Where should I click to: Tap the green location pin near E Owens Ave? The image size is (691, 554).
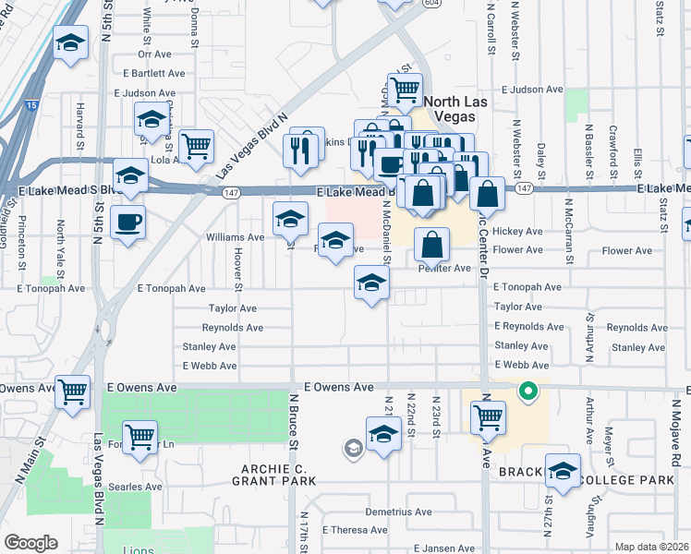coord(528,391)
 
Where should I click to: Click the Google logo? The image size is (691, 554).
coord(30,543)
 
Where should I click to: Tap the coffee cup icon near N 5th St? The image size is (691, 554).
coord(127,222)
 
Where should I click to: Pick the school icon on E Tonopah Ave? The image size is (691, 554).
coord(371,283)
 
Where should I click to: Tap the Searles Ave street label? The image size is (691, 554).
coord(135,487)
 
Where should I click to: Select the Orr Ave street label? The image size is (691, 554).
coord(155,54)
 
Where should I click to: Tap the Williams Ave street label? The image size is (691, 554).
coord(235,237)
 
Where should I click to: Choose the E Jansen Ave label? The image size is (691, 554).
coord(443,548)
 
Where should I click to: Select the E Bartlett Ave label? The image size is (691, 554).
coord(149,73)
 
